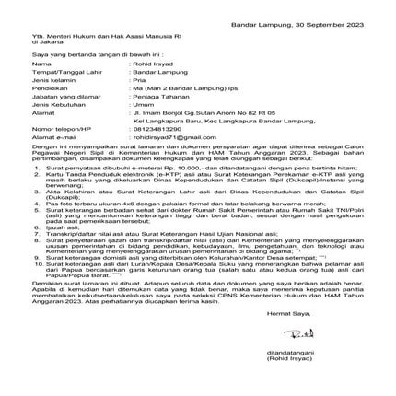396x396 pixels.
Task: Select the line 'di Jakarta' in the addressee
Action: point(40,41)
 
